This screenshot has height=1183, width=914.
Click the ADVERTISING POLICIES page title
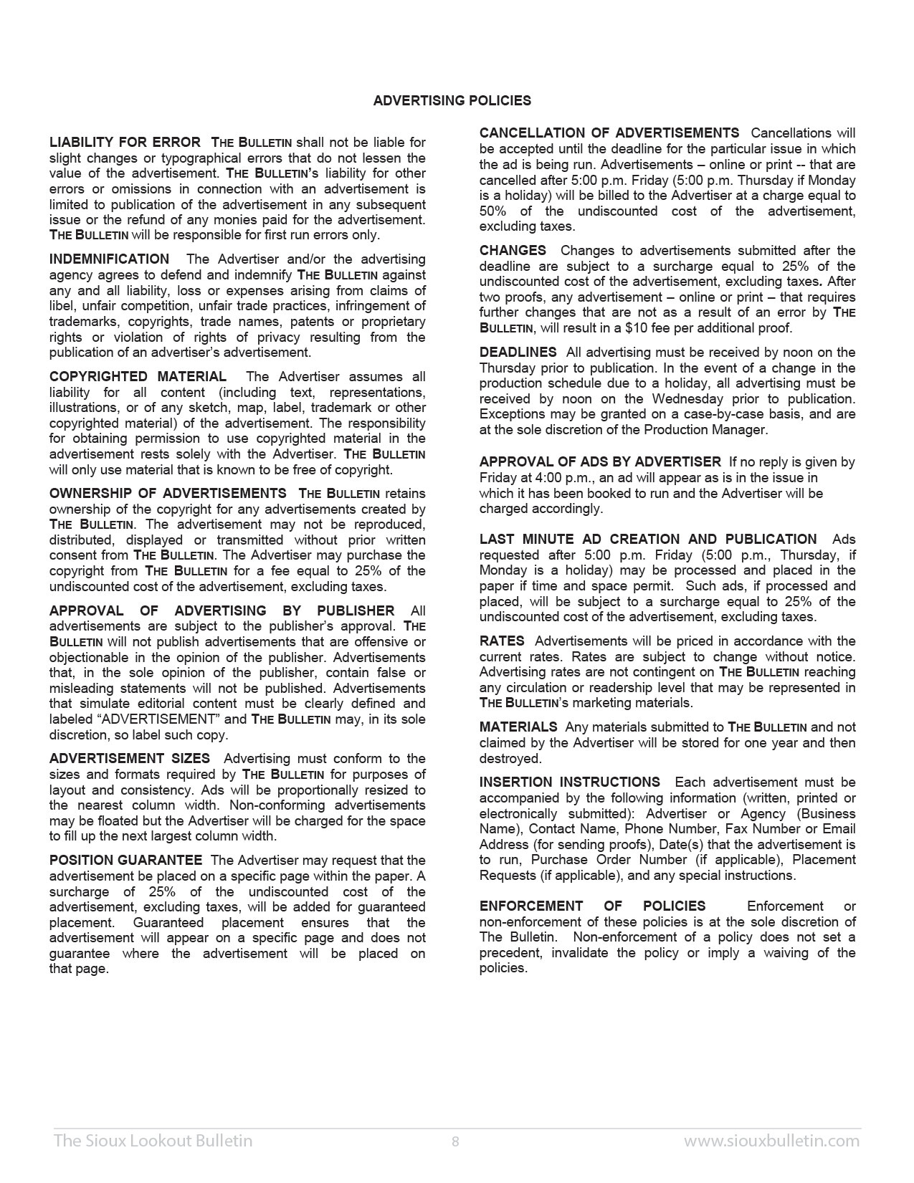tap(452, 101)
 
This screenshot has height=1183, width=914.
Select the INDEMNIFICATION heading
tap(109, 259)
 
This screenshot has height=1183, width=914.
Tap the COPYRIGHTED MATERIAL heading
tap(138, 377)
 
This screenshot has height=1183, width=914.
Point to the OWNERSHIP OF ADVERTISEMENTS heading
tap(168, 494)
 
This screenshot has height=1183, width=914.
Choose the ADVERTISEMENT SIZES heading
tap(130, 759)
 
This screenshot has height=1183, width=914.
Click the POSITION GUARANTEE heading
tap(125, 861)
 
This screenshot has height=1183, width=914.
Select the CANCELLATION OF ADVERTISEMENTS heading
tap(609, 133)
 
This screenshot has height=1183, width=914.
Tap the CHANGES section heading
tap(513, 251)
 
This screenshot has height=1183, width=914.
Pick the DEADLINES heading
tap(518, 353)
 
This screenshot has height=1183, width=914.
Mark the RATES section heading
tap(502, 641)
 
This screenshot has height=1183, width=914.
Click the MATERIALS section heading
tap(518, 727)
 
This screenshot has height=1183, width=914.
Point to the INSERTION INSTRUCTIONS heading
tap(569, 782)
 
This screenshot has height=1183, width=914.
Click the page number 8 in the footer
tap(455, 1141)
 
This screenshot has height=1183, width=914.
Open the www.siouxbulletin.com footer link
tap(771, 1141)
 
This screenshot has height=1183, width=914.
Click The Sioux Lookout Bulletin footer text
tap(153, 1141)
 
